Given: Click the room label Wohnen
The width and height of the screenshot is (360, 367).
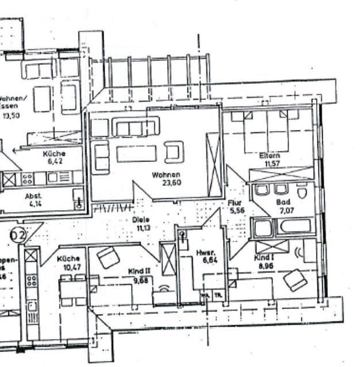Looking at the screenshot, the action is pos(167,175).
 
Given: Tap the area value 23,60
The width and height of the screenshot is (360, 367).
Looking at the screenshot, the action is pos(167,183).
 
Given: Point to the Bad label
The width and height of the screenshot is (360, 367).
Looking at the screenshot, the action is pos(282,203).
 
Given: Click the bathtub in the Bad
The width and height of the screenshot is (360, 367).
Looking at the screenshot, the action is pos(296,226).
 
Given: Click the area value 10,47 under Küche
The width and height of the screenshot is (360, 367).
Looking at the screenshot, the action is pos(68,268).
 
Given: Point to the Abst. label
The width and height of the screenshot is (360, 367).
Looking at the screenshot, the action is pos(34,195).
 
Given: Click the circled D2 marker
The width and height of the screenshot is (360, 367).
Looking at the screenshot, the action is pos(18,234).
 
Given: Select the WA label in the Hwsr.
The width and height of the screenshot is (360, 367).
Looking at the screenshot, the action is pos(204,296).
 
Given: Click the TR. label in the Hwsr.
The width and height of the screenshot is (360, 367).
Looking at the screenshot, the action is pos(217,296).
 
